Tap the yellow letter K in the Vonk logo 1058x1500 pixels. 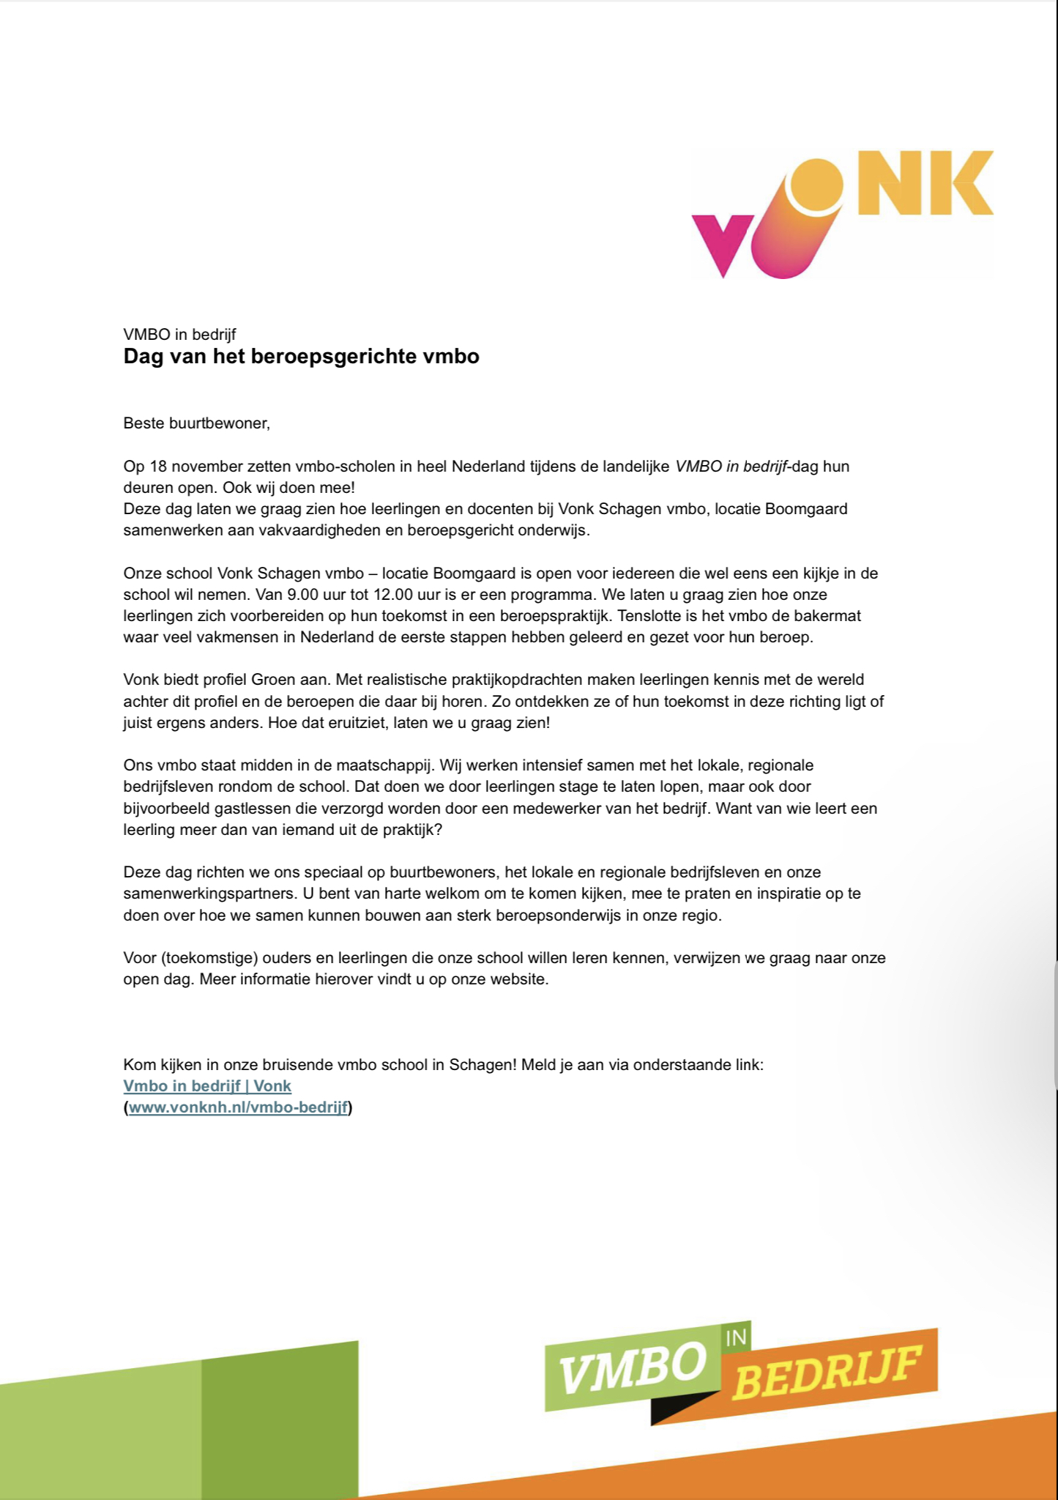click(961, 183)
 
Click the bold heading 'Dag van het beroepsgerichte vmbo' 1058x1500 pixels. click(301, 357)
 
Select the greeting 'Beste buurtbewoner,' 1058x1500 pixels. click(196, 423)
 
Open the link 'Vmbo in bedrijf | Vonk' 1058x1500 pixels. click(207, 1086)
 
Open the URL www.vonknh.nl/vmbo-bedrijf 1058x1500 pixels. click(238, 1107)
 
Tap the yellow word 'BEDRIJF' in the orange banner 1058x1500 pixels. click(826, 1373)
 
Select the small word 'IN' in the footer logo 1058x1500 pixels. click(736, 1338)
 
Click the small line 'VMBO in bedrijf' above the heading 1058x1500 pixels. click(179, 335)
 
